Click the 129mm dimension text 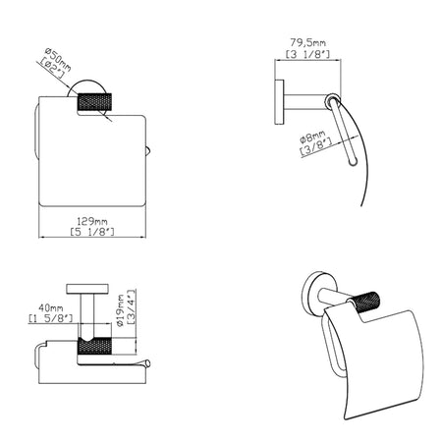pyautogui.click(x=92, y=221)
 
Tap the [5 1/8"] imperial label pyautogui.click(x=92, y=232)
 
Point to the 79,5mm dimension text pyautogui.click(x=307, y=42)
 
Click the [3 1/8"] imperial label pyautogui.click(x=307, y=54)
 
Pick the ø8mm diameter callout pyautogui.click(x=312, y=138)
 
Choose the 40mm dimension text pyautogui.click(x=51, y=307)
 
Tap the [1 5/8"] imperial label pyautogui.click(x=51, y=318)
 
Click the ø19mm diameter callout pyautogui.click(x=120, y=310)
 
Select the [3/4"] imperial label pyautogui.click(x=131, y=306)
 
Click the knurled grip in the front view pyautogui.click(x=94, y=102)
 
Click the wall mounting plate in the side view pyautogui.click(x=279, y=102)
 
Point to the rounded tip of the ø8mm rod pyautogui.click(x=353, y=162)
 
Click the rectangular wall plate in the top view pyautogui.click(x=87, y=289)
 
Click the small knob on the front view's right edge pyautogui.click(x=148, y=152)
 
